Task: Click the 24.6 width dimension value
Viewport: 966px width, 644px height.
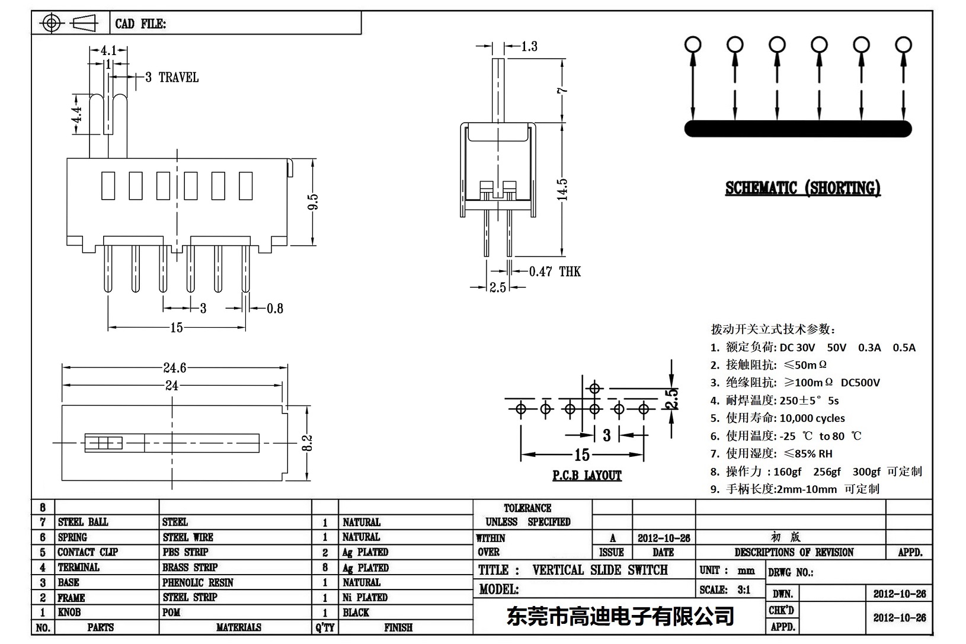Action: pos(174,368)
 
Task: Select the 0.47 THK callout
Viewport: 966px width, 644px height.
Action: pos(555,271)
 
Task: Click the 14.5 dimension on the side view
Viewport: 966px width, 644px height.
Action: pos(562,190)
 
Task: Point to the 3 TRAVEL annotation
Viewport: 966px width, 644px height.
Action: pos(172,78)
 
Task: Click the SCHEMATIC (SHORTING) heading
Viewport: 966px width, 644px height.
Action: pos(802,188)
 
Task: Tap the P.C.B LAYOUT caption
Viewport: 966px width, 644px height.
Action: pos(587,475)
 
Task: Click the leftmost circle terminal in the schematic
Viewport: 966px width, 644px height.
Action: pos(692,44)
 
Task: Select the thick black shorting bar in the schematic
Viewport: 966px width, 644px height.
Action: pos(798,129)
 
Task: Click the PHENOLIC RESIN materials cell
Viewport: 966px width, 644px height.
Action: pos(198,582)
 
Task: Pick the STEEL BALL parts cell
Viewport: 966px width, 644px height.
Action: pos(83,522)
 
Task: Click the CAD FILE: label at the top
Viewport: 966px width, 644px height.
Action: pos(140,24)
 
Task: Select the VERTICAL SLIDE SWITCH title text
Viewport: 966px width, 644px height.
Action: pos(600,570)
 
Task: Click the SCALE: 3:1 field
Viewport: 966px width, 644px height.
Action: pos(724,589)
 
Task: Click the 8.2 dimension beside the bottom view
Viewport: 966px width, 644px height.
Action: pos(307,443)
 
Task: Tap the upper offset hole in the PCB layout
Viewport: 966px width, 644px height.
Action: pos(595,388)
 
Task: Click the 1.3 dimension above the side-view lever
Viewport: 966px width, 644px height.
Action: pos(529,46)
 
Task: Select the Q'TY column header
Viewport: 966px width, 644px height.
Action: pos(325,627)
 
